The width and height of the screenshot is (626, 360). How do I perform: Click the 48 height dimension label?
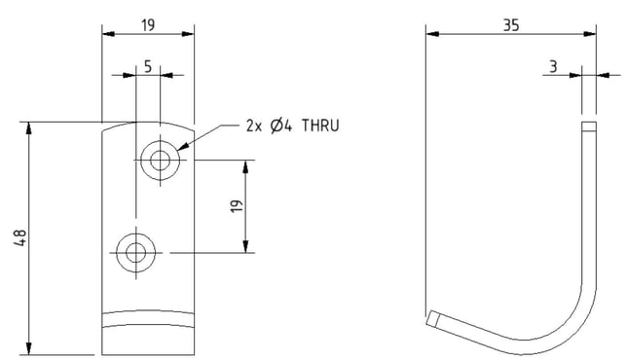click(x=20, y=237)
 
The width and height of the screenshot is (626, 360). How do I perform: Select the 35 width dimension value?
click(x=511, y=25)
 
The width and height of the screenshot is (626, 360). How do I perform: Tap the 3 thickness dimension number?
click(x=553, y=67)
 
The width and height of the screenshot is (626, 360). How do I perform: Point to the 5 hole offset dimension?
click(x=148, y=67)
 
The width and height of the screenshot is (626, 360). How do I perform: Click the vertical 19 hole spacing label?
click(x=237, y=206)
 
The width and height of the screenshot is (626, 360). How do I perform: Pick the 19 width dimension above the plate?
click(x=148, y=25)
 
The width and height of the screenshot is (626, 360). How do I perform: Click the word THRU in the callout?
click(x=320, y=126)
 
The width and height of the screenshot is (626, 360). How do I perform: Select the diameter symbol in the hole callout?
click(x=277, y=126)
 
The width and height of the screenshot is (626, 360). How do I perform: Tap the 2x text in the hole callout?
click(x=254, y=126)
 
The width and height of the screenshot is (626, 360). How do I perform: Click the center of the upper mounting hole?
click(x=160, y=161)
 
